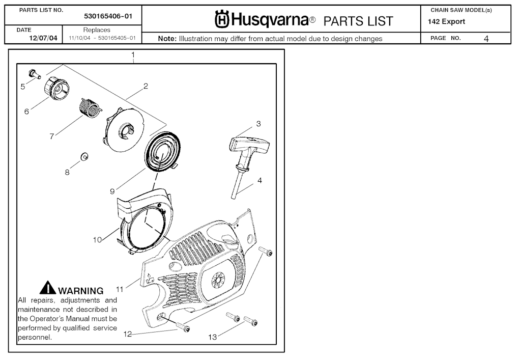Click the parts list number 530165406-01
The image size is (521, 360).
click(x=108, y=16)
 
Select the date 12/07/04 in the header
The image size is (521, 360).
click(x=43, y=38)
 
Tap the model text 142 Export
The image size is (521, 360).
click(x=447, y=22)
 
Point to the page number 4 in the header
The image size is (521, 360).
click(x=486, y=39)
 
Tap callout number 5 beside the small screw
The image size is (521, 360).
click(x=23, y=87)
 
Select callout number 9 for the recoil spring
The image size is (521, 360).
click(x=112, y=191)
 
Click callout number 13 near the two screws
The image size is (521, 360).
click(x=213, y=337)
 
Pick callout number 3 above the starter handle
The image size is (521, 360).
click(x=258, y=124)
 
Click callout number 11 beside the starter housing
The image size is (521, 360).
click(x=120, y=289)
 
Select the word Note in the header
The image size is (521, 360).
click(x=167, y=39)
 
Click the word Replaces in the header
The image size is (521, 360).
click(x=97, y=30)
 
